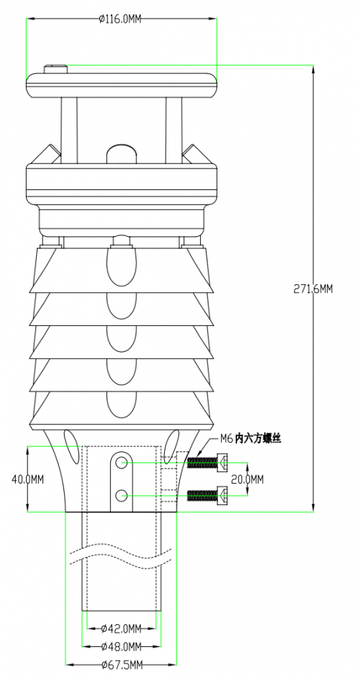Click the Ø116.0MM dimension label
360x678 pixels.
tap(120, 19)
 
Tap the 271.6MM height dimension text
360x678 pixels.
tap(313, 289)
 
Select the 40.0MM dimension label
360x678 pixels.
tap(27, 479)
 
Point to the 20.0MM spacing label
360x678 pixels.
tap(248, 479)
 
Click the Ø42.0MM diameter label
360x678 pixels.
tap(121, 628)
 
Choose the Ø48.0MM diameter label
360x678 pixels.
tap(121, 646)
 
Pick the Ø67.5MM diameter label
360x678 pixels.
tap(122, 664)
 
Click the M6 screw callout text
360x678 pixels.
tap(251, 439)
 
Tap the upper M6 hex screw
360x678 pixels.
tap(207, 463)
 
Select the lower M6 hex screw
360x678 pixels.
tap(207, 494)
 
